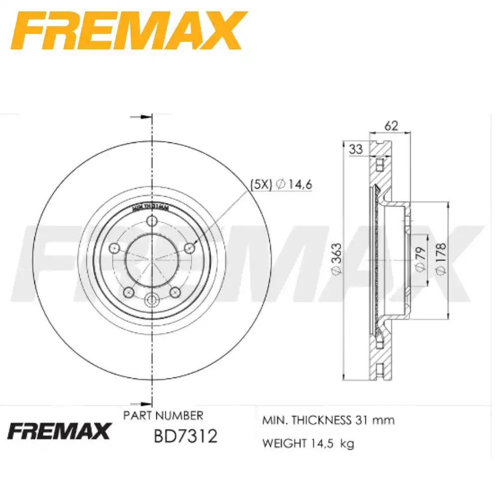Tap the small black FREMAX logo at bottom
(x=58, y=431)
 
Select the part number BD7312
(x=185, y=437)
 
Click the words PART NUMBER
(x=163, y=415)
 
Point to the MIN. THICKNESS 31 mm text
(x=328, y=420)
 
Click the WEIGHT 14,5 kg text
(x=308, y=444)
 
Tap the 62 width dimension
(x=392, y=126)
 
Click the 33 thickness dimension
(x=355, y=148)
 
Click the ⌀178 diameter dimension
(x=440, y=257)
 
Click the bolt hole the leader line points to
(x=190, y=248)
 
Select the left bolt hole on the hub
(x=114, y=248)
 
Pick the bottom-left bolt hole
(x=129, y=292)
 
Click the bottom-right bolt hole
(x=175, y=292)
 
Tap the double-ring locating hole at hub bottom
(x=152, y=300)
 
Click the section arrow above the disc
(x=141, y=117)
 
